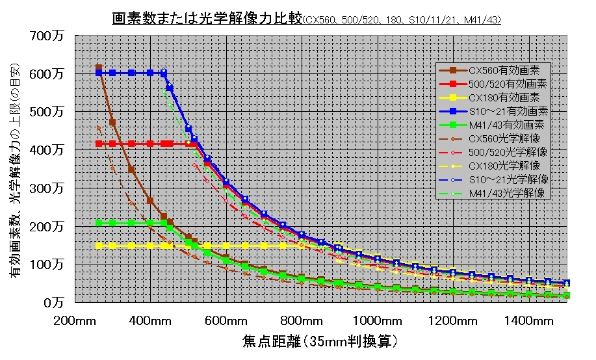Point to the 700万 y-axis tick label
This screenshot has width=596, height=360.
(x=48, y=36)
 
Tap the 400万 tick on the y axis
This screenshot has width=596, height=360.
(x=48, y=150)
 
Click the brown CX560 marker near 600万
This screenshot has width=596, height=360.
(x=99, y=68)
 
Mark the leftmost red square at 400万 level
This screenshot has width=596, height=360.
(x=99, y=143)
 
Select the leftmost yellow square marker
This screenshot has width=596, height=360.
(x=99, y=246)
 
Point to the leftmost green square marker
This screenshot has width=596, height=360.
(x=99, y=223)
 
